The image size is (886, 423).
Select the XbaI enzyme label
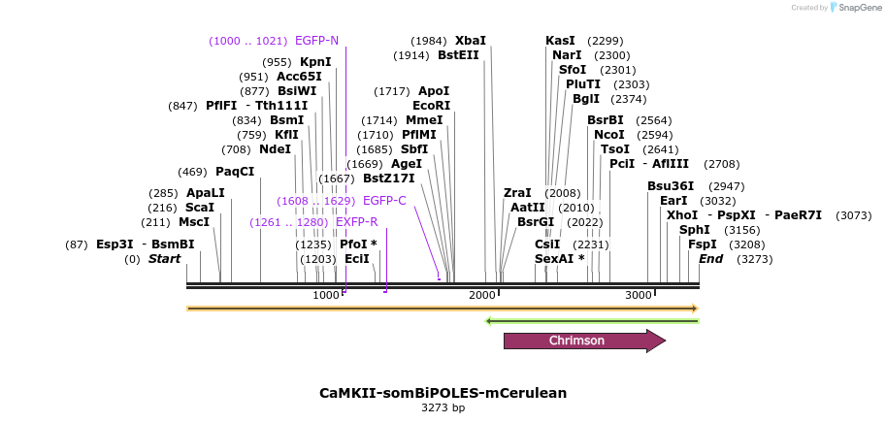click(x=471, y=41)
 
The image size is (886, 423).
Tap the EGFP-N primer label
click(x=316, y=41)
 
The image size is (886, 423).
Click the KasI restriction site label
click(x=560, y=41)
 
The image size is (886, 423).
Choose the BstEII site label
click(x=459, y=55)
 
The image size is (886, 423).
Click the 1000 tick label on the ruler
click(x=326, y=295)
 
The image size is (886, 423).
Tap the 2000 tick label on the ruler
click(x=482, y=295)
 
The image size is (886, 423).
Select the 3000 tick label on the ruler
click(x=638, y=295)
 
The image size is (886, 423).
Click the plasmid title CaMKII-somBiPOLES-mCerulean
click(x=443, y=393)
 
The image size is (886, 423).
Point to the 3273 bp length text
click(x=443, y=408)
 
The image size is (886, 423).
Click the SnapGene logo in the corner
click(x=850, y=8)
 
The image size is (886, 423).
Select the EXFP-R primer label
click(x=356, y=222)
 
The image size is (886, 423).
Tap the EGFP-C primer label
click(x=384, y=201)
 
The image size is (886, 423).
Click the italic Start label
click(x=164, y=259)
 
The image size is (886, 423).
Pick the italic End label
click(x=711, y=259)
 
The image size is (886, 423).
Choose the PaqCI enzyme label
click(x=235, y=172)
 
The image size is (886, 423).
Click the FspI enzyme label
click(x=703, y=244)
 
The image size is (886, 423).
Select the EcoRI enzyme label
click(x=432, y=105)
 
